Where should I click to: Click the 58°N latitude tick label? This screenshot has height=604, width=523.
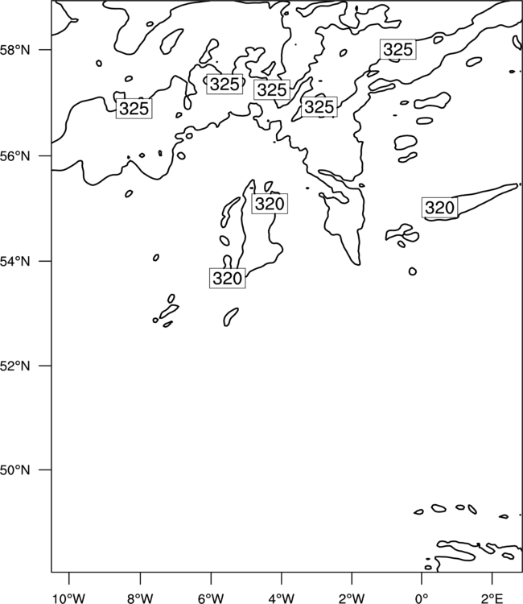tap(14, 50)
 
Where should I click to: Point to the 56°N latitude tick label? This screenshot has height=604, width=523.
tap(14, 156)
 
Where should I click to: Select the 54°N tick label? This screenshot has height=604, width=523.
tap(14, 262)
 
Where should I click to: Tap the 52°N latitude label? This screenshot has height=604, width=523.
tap(14, 366)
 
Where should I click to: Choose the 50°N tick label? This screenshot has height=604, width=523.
tap(14, 470)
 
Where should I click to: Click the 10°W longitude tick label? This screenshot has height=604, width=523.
tap(69, 598)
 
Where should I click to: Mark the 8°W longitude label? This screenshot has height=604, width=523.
tap(140, 598)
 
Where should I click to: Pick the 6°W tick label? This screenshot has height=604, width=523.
tap(211, 598)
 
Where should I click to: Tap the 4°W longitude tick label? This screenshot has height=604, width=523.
tap(282, 598)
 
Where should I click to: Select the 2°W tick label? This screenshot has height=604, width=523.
tap(352, 598)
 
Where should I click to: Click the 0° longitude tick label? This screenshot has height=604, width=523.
tap(422, 598)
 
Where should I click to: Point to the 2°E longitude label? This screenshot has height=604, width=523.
tap(492, 598)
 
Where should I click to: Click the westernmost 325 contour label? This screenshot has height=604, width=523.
tap(134, 109)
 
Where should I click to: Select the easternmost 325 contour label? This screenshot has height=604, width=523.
tap(398, 49)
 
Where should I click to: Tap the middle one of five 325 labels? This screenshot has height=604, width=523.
tap(272, 89)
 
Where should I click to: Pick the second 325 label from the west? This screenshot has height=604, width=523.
tap(224, 84)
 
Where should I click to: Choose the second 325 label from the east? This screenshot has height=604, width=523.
tap(319, 106)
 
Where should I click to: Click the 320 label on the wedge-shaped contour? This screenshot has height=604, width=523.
tap(440, 208)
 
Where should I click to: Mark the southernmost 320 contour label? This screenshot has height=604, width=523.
tap(228, 278)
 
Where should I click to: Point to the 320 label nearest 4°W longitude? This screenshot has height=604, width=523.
tap(270, 204)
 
